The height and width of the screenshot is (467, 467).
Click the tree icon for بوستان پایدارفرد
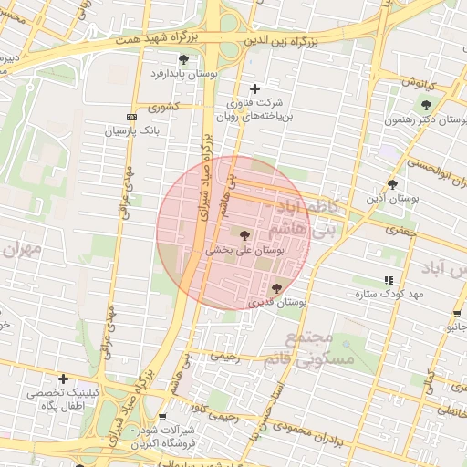183,59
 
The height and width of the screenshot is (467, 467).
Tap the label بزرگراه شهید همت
147,39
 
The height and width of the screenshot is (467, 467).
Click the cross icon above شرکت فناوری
254,88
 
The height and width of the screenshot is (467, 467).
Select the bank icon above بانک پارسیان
131,117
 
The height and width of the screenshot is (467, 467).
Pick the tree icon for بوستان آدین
392,183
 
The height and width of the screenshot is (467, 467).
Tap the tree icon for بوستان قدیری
276,288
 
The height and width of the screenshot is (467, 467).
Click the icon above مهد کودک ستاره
389,280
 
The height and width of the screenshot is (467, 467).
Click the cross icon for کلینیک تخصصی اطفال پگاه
63,379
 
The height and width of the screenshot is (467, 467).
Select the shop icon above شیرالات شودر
162,417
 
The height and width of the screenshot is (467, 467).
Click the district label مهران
22,249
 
